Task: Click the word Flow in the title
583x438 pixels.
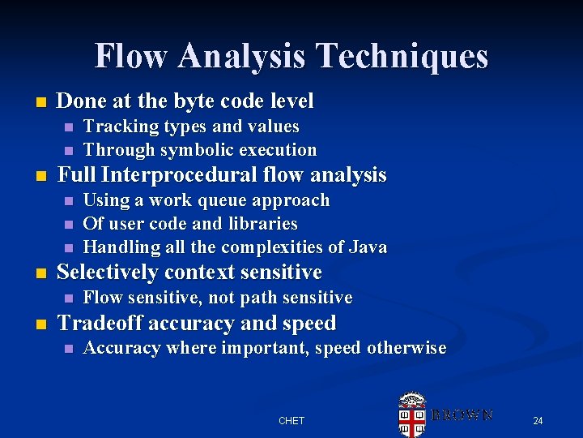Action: (x=131, y=56)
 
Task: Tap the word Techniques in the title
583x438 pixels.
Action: (x=402, y=56)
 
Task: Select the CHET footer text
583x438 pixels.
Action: (x=291, y=420)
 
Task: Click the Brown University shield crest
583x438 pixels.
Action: (x=413, y=414)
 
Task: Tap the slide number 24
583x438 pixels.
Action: (x=538, y=420)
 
